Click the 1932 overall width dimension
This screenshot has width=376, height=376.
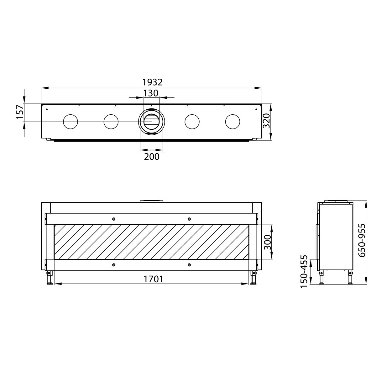pos(153,82)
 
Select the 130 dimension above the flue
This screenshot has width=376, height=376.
pos(151,93)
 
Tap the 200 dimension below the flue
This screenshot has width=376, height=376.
pos(152,156)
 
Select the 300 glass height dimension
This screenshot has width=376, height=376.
pos(267,241)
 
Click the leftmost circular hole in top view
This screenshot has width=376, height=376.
pos(70,122)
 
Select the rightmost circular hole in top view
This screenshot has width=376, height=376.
pos(233,122)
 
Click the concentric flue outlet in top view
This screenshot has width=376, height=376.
pos(151,122)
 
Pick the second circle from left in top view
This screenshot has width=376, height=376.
pos(111,122)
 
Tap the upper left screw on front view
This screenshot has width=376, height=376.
pos(113,219)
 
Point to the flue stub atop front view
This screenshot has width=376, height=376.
pos(151,201)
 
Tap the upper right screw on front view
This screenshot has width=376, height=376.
pos(189,219)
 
